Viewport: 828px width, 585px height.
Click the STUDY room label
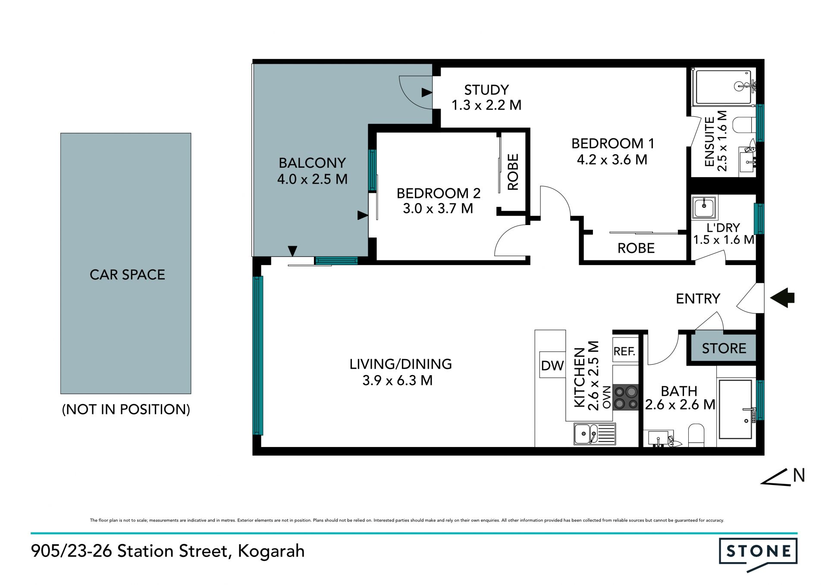coord(486,90)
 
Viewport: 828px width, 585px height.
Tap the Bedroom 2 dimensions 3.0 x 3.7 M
coord(438,209)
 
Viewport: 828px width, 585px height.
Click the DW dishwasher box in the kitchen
coord(552,365)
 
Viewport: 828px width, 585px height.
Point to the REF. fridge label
coord(624,351)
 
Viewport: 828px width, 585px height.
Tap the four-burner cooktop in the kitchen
coord(626,397)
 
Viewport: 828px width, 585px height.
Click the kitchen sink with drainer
coord(595,434)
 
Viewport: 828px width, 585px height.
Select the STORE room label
coord(724,348)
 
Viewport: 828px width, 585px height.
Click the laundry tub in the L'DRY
coord(705,207)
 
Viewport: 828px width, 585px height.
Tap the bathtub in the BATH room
coord(736,409)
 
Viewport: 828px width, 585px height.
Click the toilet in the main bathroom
coord(696,435)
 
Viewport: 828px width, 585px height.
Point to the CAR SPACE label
coord(127,275)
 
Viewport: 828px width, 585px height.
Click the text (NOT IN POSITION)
coord(126,409)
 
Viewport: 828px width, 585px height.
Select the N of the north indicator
coord(799,476)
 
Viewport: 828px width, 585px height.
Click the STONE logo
coord(758,554)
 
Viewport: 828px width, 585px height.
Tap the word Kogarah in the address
coord(271,551)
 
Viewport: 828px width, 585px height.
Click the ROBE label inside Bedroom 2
coord(513,172)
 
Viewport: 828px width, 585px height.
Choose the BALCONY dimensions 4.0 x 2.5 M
coord(312,179)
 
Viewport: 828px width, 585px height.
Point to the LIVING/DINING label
coord(401,364)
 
